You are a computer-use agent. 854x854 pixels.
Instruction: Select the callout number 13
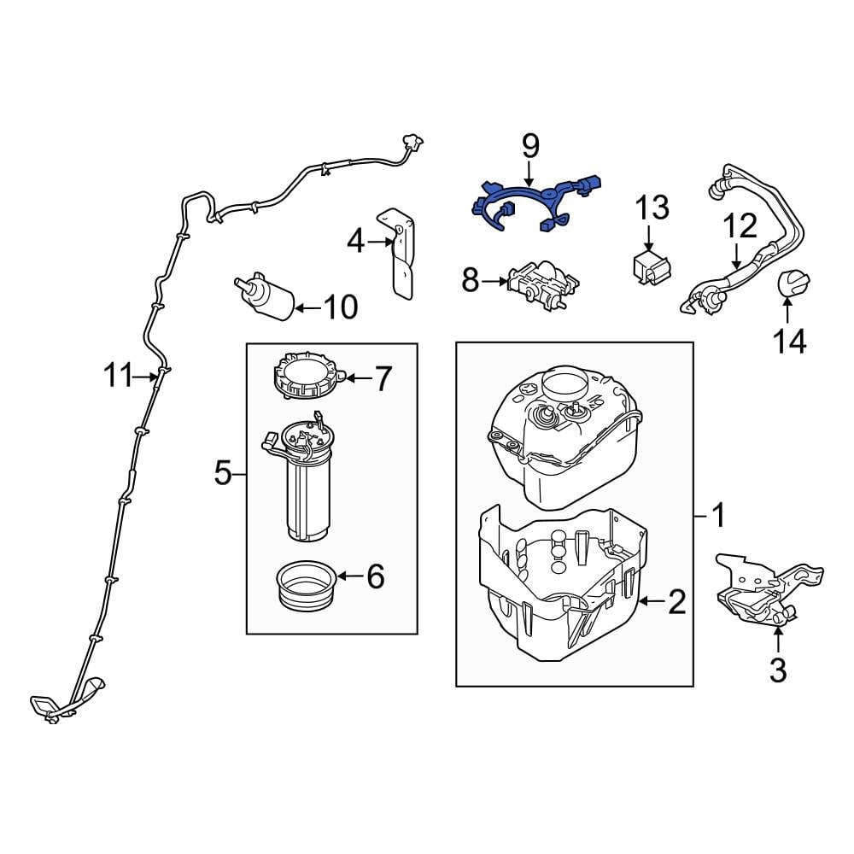pos(652,208)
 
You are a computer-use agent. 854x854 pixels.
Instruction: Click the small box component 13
pos(651,265)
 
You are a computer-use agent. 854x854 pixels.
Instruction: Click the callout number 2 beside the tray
pos(676,603)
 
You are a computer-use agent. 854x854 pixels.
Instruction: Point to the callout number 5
pos(223,472)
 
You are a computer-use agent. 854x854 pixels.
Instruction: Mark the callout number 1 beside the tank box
pos(718,515)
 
